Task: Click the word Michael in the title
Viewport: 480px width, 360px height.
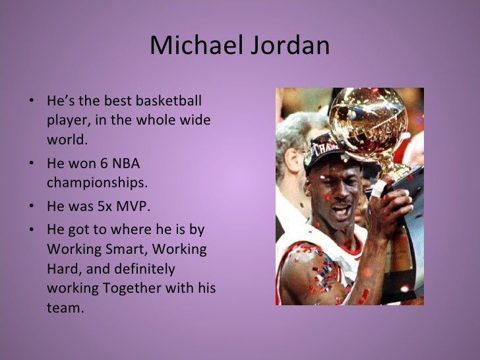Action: coord(189,45)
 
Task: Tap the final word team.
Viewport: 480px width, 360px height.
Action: coord(66,308)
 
